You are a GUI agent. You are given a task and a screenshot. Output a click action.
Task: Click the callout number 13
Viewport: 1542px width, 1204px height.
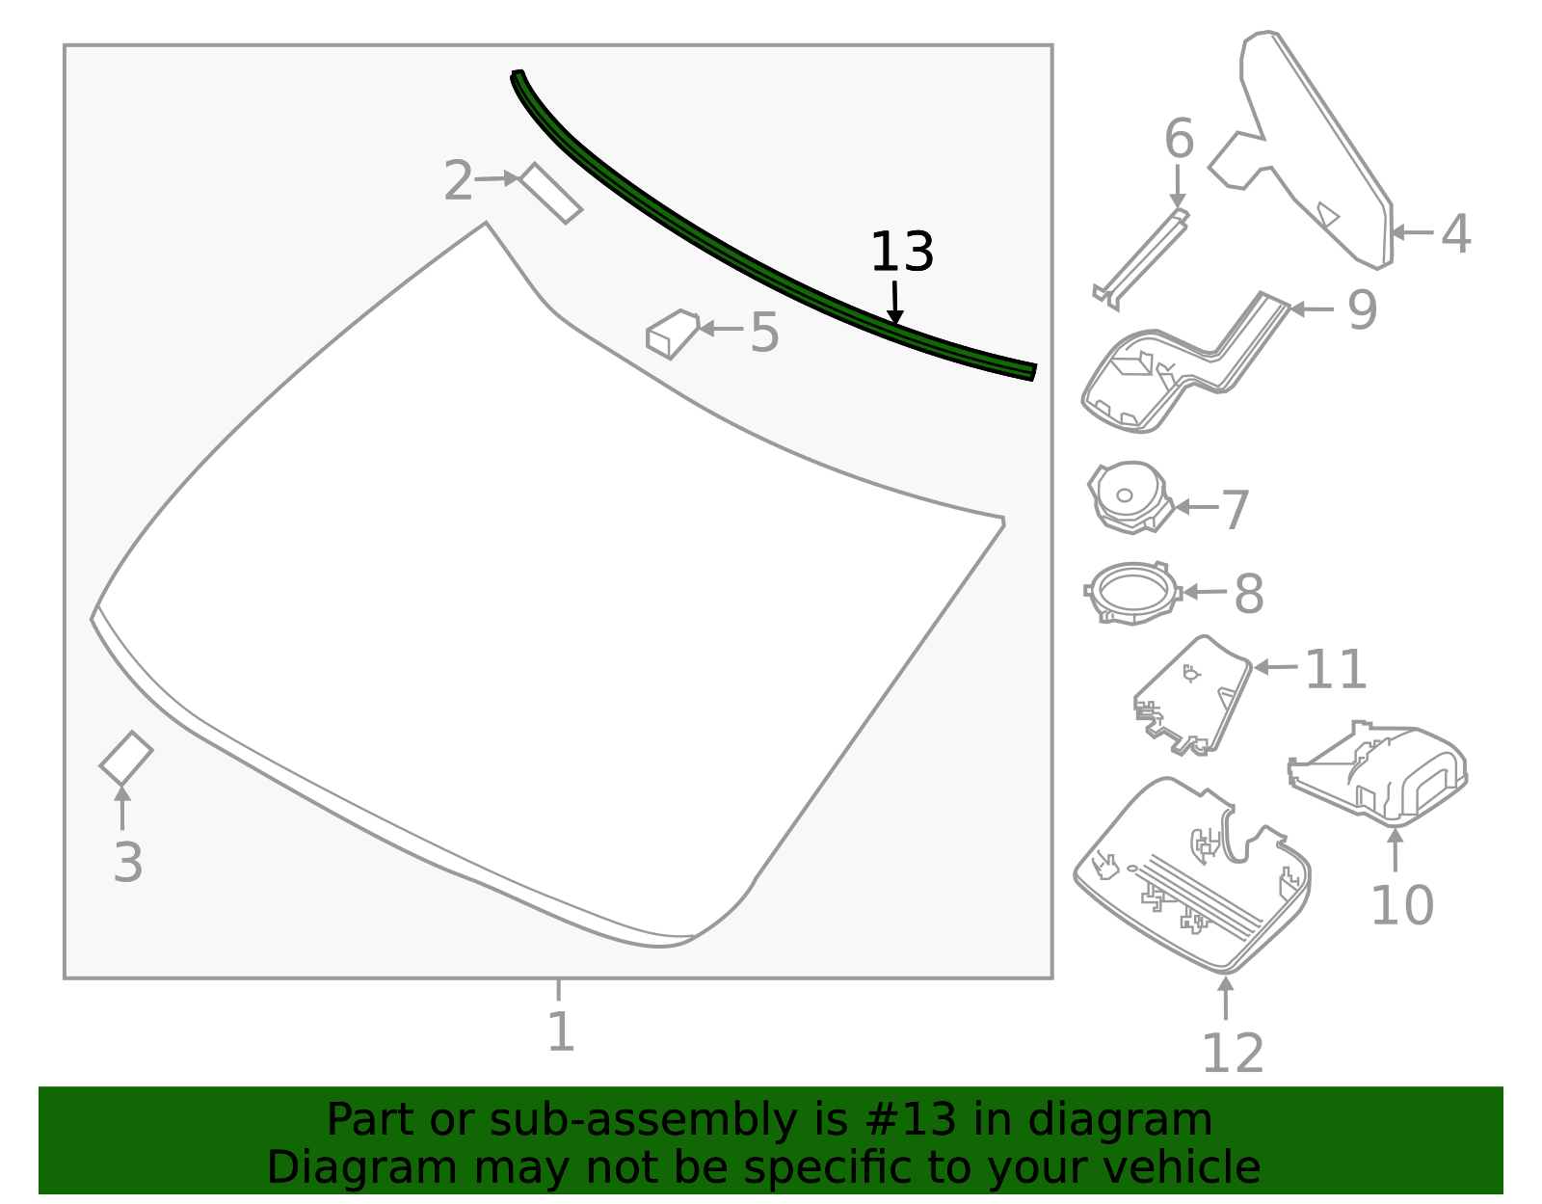[901, 253]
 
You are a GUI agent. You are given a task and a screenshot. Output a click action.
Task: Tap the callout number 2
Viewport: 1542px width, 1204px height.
[459, 181]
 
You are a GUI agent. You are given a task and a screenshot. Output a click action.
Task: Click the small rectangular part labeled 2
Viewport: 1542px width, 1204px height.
[550, 193]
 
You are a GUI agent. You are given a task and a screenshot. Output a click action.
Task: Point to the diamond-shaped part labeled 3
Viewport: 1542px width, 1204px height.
[126, 758]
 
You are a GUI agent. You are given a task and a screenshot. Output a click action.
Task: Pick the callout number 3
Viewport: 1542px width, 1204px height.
[127, 862]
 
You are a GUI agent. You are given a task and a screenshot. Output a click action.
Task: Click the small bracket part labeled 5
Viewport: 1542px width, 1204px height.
[672, 333]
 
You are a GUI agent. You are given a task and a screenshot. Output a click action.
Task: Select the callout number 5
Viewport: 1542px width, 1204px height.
[764, 333]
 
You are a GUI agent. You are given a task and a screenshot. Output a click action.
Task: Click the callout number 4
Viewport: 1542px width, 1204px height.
[1455, 234]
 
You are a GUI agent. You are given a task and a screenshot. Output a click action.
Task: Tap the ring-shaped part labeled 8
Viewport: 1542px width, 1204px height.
[1132, 592]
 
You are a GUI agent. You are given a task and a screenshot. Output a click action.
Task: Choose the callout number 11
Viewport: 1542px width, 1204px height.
[1336, 669]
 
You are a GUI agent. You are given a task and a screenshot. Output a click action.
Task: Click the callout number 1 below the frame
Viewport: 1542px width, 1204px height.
[560, 1031]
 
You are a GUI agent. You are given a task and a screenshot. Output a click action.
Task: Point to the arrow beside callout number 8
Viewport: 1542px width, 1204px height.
[1205, 592]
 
